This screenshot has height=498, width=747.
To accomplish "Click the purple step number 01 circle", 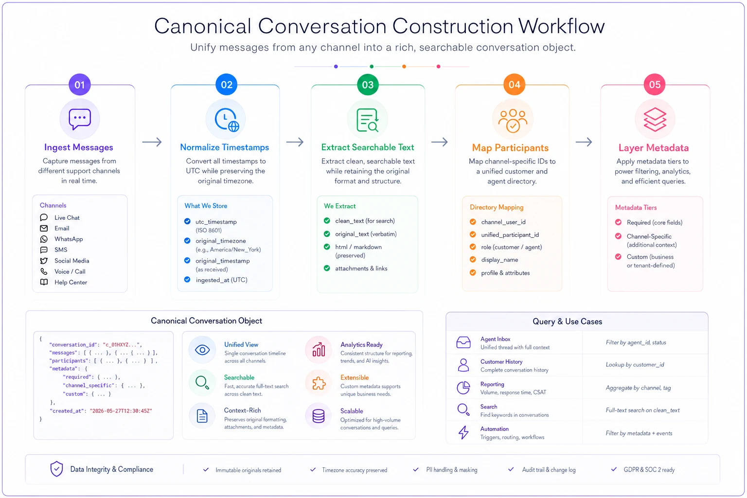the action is pyautogui.click(x=79, y=85).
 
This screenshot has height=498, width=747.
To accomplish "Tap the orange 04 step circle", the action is pyautogui.click(x=514, y=85).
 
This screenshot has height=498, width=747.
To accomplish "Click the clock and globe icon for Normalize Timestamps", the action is pyautogui.click(x=227, y=120).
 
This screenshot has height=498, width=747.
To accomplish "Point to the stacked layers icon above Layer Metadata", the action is pyautogui.click(x=655, y=120).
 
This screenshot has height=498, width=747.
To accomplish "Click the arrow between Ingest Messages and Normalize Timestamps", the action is pyautogui.click(x=152, y=142).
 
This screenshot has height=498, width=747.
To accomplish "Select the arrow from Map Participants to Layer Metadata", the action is pyautogui.click(x=584, y=142).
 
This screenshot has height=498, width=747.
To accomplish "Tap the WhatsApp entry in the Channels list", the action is pyautogui.click(x=69, y=239).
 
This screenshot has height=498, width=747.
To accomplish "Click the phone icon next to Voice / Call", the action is pyautogui.click(x=44, y=271).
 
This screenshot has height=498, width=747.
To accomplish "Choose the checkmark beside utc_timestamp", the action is pyautogui.click(x=187, y=221).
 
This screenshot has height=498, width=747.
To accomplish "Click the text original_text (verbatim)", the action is pyautogui.click(x=366, y=234).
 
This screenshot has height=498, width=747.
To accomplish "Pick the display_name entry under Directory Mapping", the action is pyautogui.click(x=499, y=260).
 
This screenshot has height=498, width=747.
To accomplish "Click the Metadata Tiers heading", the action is pyautogui.click(x=636, y=208).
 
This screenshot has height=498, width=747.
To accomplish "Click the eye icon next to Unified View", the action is pyautogui.click(x=202, y=350).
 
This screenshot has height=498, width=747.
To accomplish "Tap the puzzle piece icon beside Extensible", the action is pyautogui.click(x=319, y=383).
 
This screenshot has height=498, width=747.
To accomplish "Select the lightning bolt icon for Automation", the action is pyautogui.click(x=463, y=433).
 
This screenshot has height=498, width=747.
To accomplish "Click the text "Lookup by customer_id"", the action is pyautogui.click(x=635, y=365).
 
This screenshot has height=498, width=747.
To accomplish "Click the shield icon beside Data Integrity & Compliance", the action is pyautogui.click(x=57, y=469).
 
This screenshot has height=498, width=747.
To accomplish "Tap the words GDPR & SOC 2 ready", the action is pyautogui.click(x=649, y=470).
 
